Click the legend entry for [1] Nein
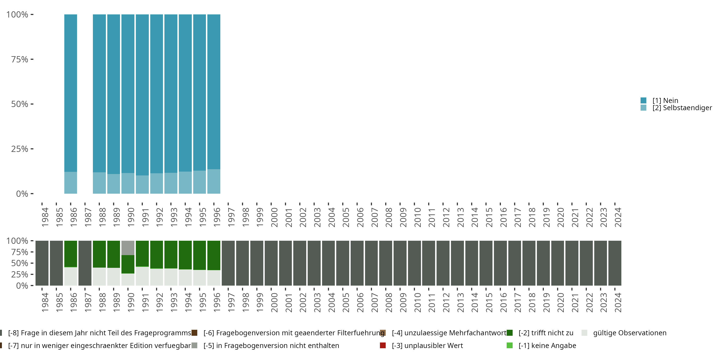665,100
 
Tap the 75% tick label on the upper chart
20,59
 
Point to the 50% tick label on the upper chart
20,104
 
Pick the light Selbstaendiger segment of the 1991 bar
142,185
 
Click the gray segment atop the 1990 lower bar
128,248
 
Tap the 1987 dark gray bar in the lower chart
85,263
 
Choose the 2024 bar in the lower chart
615,263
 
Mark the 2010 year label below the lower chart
418,302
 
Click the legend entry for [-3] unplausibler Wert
427,345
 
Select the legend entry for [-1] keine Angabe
547,345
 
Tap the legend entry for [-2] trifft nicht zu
546,333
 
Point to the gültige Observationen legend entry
630,333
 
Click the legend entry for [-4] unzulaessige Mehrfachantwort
449,333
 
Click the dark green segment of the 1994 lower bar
185,255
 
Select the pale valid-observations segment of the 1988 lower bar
99,276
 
